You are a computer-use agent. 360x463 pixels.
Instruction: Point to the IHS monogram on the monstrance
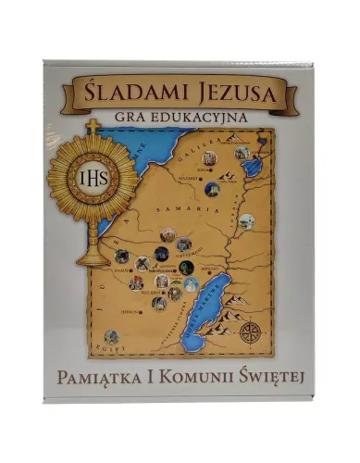(x=92, y=177)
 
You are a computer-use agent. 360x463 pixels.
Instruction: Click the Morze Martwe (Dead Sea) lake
(x=208, y=304)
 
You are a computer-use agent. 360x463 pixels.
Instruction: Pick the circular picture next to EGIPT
(x=112, y=336)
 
